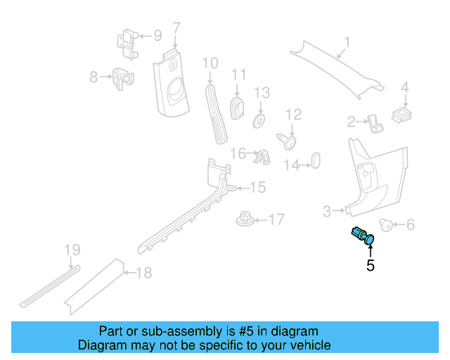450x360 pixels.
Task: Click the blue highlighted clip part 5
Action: (363, 237)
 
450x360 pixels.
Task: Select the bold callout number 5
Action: (370, 266)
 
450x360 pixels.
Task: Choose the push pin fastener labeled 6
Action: (385, 224)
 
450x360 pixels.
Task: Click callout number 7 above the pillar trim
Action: (176, 28)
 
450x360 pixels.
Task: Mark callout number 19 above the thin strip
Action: (72, 250)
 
